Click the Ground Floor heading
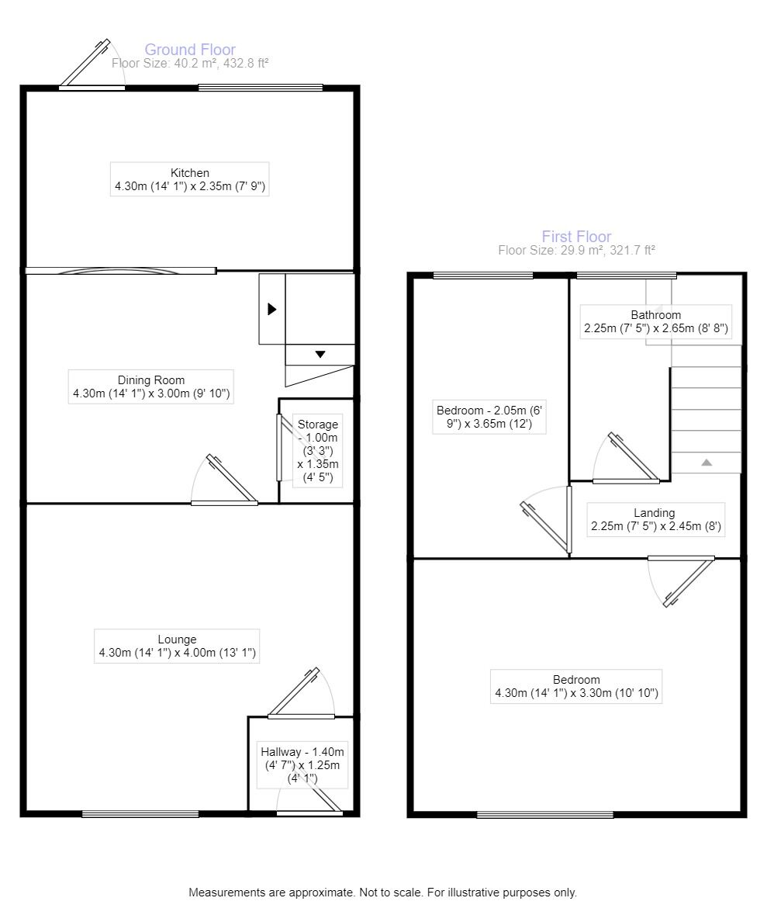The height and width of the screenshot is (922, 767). pyautogui.click(x=190, y=50)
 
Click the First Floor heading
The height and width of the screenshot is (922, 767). pyautogui.click(x=576, y=236)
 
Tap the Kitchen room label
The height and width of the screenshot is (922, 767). pyautogui.click(x=190, y=179)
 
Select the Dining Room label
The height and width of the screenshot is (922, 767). pyautogui.click(x=151, y=386)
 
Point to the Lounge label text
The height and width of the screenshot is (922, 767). pyautogui.click(x=178, y=646)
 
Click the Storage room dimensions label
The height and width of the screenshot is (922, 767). pyautogui.click(x=318, y=450)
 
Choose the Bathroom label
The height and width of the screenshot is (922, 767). pyautogui.click(x=655, y=322)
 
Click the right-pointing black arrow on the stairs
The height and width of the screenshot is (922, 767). pyautogui.click(x=271, y=309)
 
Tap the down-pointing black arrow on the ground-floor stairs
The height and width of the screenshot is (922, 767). pyautogui.click(x=320, y=355)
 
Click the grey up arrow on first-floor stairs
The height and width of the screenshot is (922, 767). pyautogui.click(x=707, y=463)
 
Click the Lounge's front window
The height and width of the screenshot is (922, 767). pyautogui.click(x=140, y=813)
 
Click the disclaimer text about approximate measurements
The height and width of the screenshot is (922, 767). pyautogui.click(x=382, y=893)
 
